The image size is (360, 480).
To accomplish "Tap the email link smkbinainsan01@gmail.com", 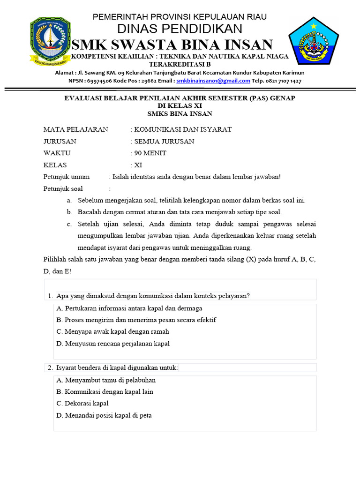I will point(213,81).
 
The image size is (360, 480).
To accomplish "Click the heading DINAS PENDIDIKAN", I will point(180,29).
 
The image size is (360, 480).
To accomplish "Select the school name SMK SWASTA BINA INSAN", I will point(172,45).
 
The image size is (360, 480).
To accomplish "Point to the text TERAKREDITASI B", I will point(180,64).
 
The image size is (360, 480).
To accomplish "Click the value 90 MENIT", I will point(150,153).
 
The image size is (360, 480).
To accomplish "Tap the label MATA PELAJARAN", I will point(75,129).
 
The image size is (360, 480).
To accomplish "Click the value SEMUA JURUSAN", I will point(164,141).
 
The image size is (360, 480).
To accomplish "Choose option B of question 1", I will point(136,320).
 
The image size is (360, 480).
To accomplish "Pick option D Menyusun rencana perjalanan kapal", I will point(112,344).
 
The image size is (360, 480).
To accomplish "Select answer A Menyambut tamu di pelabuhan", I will point(105,380).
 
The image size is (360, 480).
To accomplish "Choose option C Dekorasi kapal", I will point(82,403).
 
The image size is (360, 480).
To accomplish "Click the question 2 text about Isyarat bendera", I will point(117,367).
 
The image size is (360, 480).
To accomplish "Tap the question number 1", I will point(50,295).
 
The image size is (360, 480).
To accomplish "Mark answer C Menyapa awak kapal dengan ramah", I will point(112,331).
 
